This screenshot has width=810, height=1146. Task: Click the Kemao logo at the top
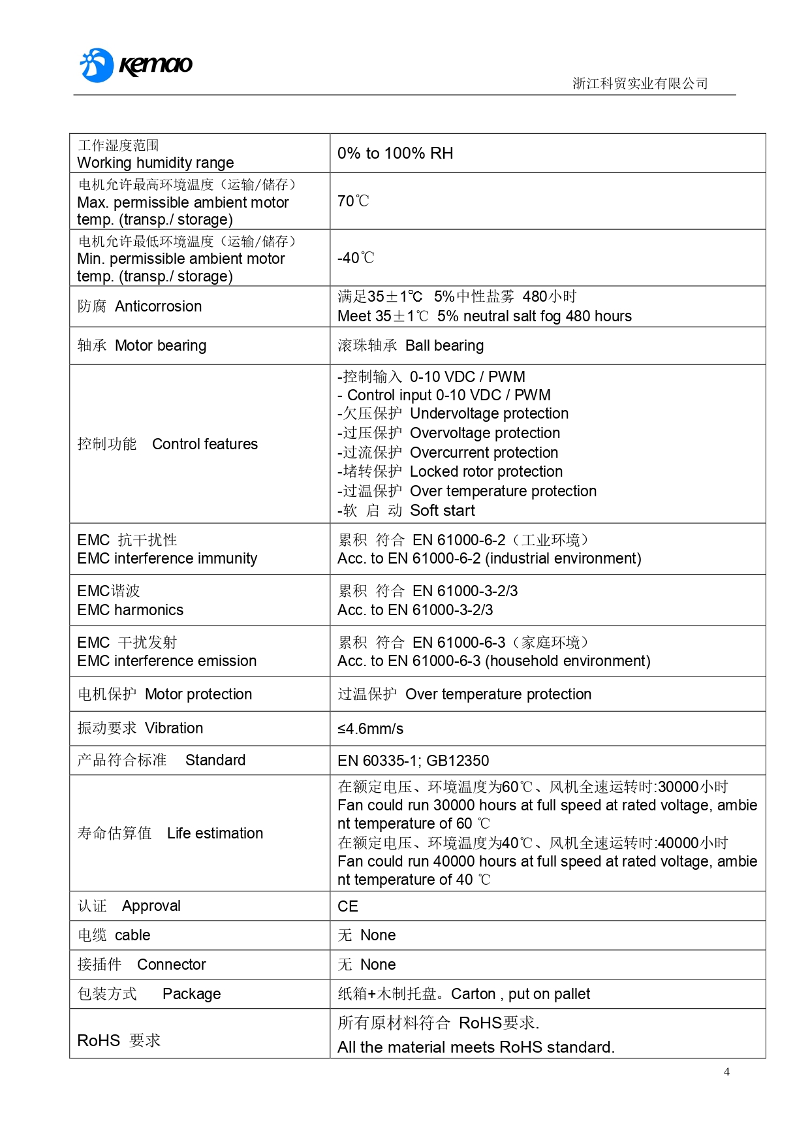[x=136, y=65]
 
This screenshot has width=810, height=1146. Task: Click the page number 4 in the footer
[x=726, y=1072]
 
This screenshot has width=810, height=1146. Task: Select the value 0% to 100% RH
[x=395, y=153]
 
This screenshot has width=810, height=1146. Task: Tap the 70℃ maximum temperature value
[x=353, y=201]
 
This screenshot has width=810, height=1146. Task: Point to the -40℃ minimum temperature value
[x=356, y=258]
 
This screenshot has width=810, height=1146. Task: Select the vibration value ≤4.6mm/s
[x=370, y=729]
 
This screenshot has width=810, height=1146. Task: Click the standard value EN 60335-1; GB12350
[x=413, y=761]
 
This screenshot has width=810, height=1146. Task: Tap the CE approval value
[x=348, y=906]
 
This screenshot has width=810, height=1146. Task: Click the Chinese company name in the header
[x=640, y=84]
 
